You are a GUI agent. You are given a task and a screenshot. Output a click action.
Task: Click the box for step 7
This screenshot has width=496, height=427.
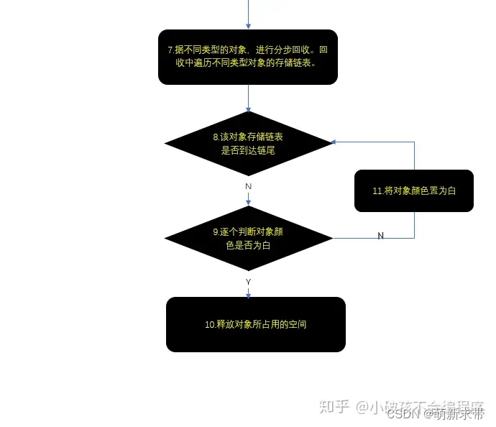248,57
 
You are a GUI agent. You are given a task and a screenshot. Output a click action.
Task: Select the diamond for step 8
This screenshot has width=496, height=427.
248,143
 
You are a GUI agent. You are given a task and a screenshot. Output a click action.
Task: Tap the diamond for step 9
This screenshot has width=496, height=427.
248,238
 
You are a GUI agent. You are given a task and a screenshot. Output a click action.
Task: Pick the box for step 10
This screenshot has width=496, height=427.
256,324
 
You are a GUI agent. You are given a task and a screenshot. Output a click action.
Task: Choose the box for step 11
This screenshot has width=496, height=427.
414,190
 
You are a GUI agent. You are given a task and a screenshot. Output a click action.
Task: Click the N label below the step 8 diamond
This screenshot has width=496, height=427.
248,186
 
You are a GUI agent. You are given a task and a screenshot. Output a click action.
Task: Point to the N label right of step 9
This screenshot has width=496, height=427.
380,237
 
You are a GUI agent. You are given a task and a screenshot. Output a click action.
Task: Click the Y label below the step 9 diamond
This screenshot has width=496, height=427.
248,282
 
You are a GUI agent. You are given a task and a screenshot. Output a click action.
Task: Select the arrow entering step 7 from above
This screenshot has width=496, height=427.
248,14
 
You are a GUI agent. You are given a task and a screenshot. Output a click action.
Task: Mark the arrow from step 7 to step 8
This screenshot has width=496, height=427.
248,98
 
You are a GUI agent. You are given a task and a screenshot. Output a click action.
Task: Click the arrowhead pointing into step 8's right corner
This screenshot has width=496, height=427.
336,142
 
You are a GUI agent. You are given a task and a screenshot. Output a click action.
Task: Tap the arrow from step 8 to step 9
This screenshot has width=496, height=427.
248,198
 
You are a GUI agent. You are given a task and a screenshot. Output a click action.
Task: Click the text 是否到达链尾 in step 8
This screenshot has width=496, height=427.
248,150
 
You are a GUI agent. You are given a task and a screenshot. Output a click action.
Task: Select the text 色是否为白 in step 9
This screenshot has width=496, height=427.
248,245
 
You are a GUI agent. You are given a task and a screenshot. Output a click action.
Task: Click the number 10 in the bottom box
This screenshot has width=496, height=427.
209,325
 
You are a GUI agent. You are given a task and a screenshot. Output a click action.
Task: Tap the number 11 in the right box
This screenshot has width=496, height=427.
377,191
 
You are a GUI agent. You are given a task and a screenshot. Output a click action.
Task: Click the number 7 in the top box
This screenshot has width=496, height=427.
170,50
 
